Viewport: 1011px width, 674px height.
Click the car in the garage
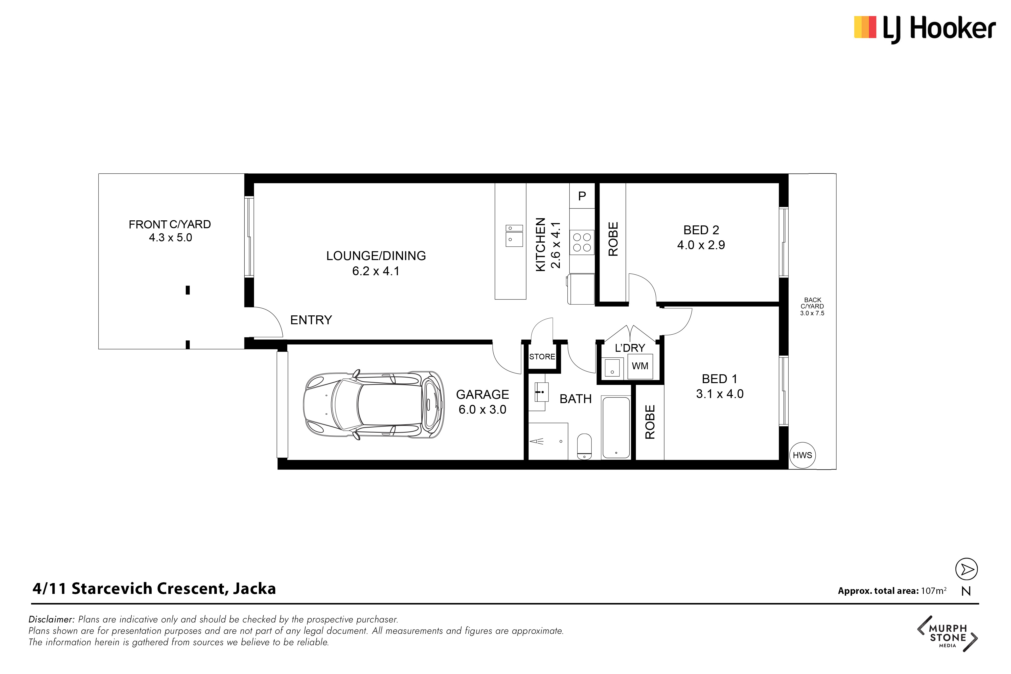(374, 405)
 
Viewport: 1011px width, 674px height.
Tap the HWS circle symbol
(802, 455)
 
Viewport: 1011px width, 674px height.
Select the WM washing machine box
(640, 366)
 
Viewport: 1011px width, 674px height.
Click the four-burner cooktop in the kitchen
(582, 242)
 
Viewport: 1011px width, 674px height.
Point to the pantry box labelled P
(582, 196)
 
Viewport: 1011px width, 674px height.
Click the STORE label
(542, 357)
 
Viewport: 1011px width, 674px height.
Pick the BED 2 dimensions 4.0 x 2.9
(701, 245)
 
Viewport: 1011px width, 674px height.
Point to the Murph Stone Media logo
(947, 634)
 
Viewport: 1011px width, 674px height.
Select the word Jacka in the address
(255, 589)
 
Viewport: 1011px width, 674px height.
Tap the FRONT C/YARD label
(170, 224)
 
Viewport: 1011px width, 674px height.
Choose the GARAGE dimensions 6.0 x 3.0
(482, 410)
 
